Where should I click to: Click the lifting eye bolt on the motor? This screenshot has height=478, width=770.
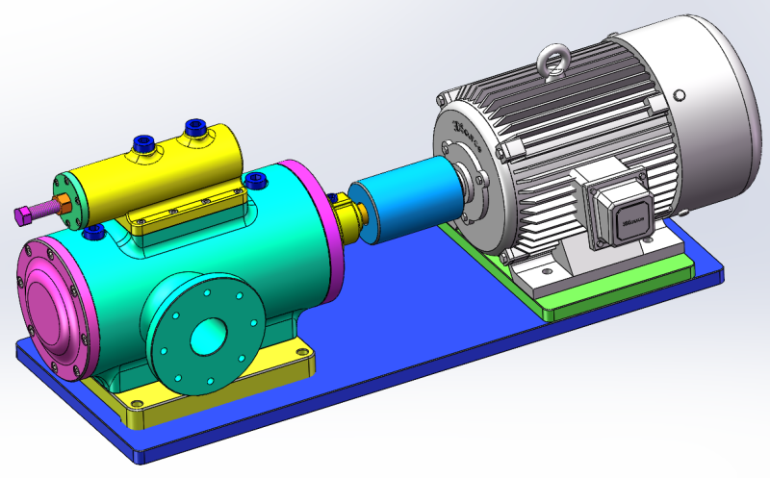[x=555, y=60]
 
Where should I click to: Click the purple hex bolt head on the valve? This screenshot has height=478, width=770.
[x=23, y=213]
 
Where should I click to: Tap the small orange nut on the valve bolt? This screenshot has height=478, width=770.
[x=61, y=203]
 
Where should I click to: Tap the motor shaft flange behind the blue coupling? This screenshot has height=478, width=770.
[x=472, y=182]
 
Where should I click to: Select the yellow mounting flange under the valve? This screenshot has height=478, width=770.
[x=192, y=207]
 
